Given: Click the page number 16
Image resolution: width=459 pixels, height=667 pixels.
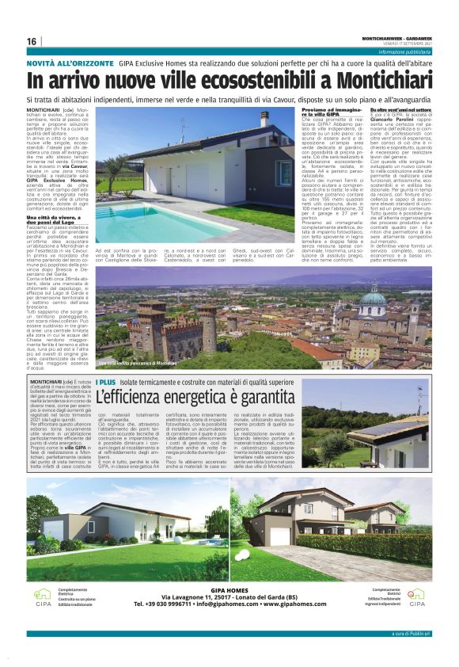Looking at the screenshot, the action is click(x=31, y=41).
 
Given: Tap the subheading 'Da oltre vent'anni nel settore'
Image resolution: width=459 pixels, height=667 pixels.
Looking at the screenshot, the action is click(x=397, y=109).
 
